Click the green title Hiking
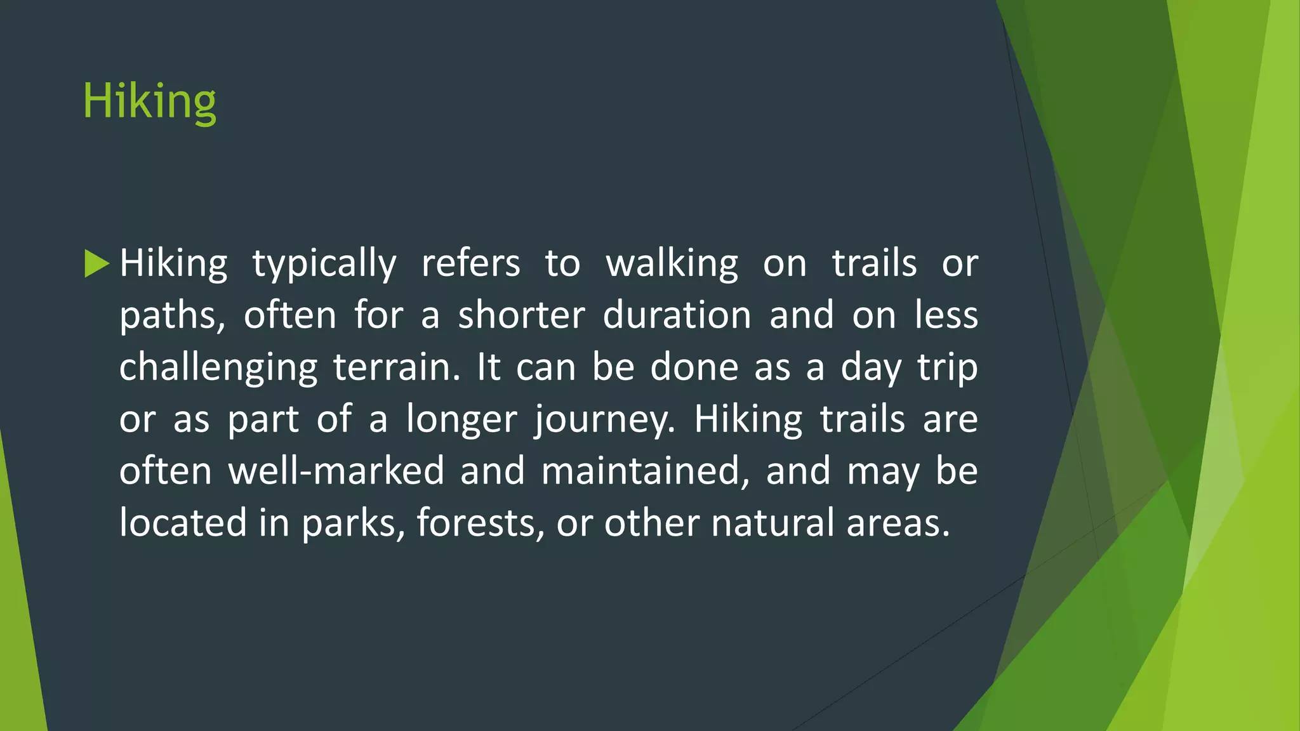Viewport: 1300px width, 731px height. pyautogui.click(x=150, y=102)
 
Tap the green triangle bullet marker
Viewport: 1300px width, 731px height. pyautogui.click(x=96, y=263)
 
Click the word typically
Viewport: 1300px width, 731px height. pyautogui.click(x=324, y=264)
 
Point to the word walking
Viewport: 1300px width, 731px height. pyautogui.click(x=672, y=264)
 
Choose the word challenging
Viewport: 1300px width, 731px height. pyautogui.click(x=218, y=368)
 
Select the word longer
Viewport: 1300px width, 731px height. pyautogui.click(x=461, y=420)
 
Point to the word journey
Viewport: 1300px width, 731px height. pyautogui.click(x=604, y=420)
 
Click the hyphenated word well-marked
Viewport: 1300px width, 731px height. pyautogui.click(x=336, y=471)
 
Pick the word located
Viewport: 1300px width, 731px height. pyautogui.click(x=183, y=523)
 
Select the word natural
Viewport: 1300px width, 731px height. pyautogui.click(x=773, y=523)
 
